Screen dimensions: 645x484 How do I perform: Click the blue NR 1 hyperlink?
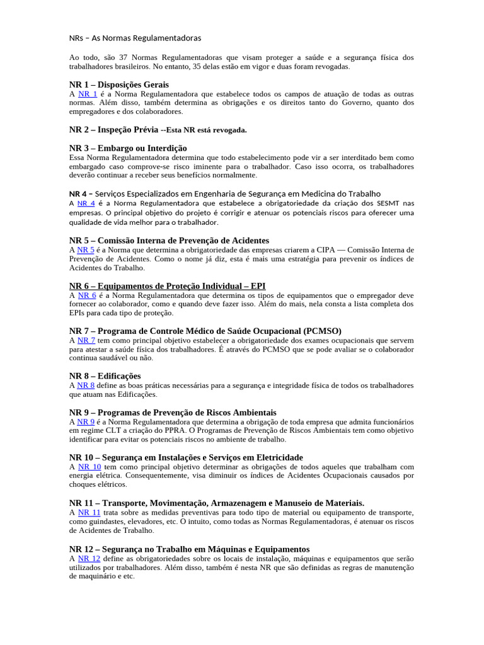pyautogui.click(x=88, y=93)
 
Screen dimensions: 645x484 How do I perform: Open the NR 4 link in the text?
pyautogui.click(x=86, y=203)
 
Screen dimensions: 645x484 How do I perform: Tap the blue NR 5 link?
pyautogui.click(x=86, y=249)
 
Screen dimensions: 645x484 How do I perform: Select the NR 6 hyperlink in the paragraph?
pyautogui.click(x=87, y=295)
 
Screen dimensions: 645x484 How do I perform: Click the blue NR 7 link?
pyautogui.click(x=86, y=340)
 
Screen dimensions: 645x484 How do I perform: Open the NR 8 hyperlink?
pyautogui.click(x=86, y=385)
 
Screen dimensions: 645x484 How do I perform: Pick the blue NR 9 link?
pyautogui.click(x=86, y=421)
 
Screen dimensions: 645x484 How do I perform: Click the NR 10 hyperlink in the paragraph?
pyautogui.click(x=89, y=467)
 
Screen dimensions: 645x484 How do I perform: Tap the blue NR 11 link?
pyautogui.click(x=89, y=513)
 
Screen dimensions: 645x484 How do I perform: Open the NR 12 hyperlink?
pyautogui.click(x=89, y=558)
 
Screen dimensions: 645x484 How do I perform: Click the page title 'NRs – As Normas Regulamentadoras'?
pyautogui.click(x=135, y=38)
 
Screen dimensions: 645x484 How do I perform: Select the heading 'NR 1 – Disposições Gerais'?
pyautogui.click(x=118, y=84)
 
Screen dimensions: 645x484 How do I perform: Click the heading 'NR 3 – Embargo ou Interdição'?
pyautogui.click(x=128, y=148)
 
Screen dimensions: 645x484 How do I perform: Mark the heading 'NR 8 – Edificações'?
pyautogui.click(x=105, y=376)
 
